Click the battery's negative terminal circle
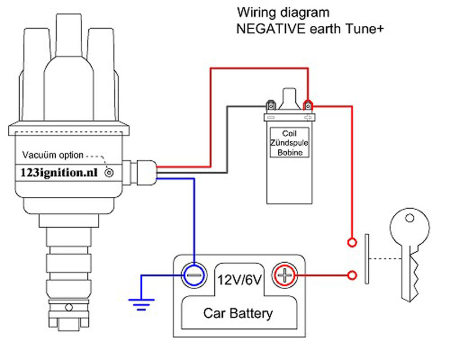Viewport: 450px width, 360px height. (x=194, y=275)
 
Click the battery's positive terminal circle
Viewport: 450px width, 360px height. (x=285, y=275)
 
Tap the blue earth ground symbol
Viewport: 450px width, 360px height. (x=141, y=304)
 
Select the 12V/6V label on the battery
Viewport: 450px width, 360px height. (x=240, y=280)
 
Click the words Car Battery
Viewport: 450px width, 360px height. (x=238, y=313)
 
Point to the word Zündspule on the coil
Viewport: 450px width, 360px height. (x=289, y=143)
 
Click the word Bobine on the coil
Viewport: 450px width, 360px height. (x=290, y=152)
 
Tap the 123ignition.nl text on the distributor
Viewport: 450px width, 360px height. (x=59, y=173)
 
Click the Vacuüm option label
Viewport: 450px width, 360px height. (x=53, y=155)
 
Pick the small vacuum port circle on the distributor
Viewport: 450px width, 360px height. (x=109, y=173)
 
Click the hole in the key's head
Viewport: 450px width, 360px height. (x=409, y=218)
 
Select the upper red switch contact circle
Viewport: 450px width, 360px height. (x=352, y=242)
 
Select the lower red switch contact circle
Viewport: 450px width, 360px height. (x=352, y=275)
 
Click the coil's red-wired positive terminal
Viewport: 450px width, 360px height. (x=308, y=106)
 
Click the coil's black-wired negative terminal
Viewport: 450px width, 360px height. (x=271, y=106)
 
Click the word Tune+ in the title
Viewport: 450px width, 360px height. (x=364, y=29)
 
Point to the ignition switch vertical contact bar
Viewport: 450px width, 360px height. (x=367, y=259)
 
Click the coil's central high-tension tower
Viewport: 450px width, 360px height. (x=289, y=99)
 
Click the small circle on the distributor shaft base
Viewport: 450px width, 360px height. (x=69, y=308)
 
